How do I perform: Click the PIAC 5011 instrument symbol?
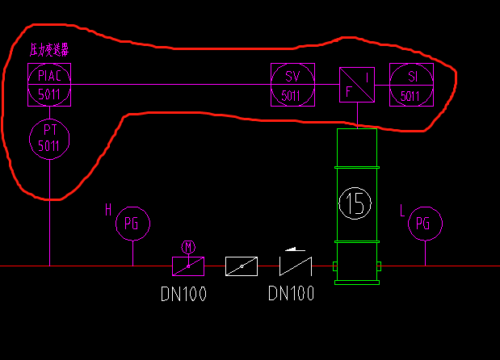pyautogui.click(x=49, y=84)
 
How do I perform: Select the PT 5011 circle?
pyautogui.click(x=49, y=138)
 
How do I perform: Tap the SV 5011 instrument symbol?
pyautogui.click(x=291, y=84)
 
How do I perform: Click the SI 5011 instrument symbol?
pyautogui.click(x=410, y=84)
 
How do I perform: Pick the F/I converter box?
pyautogui.click(x=356, y=84)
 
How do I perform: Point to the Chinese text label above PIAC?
pyautogui.click(x=48, y=50)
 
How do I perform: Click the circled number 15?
pyautogui.click(x=355, y=203)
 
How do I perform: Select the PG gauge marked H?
pyautogui.click(x=132, y=224)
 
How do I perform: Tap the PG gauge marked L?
pyautogui.click(x=424, y=224)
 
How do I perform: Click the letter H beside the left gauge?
pyautogui.click(x=108, y=211)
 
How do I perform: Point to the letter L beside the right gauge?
pyautogui.click(x=401, y=211)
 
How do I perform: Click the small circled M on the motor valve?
pyautogui.click(x=188, y=246)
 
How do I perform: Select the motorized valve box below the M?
pyautogui.click(x=188, y=266)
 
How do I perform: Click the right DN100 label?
pyautogui.click(x=291, y=294)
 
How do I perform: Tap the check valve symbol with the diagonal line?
pyautogui.click(x=296, y=266)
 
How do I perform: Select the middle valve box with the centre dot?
pyautogui.click(x=242, y=266)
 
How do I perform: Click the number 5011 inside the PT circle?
pyautogui.click(x=49, y=146)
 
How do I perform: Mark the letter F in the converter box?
pyautogui.click(x=348, y=92)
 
